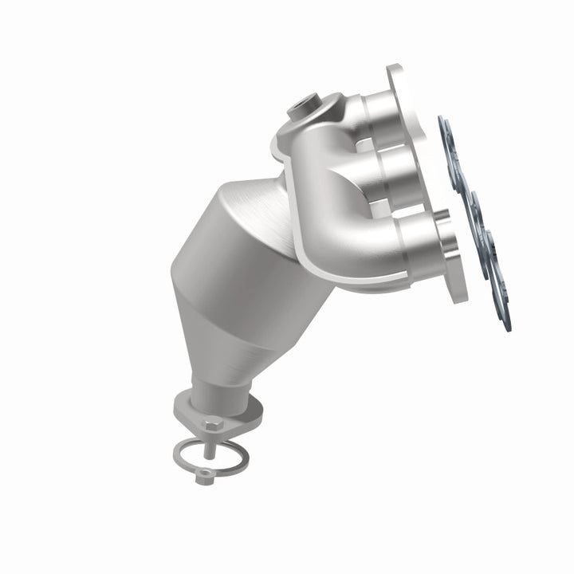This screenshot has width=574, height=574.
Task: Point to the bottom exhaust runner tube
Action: pos(415,236)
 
